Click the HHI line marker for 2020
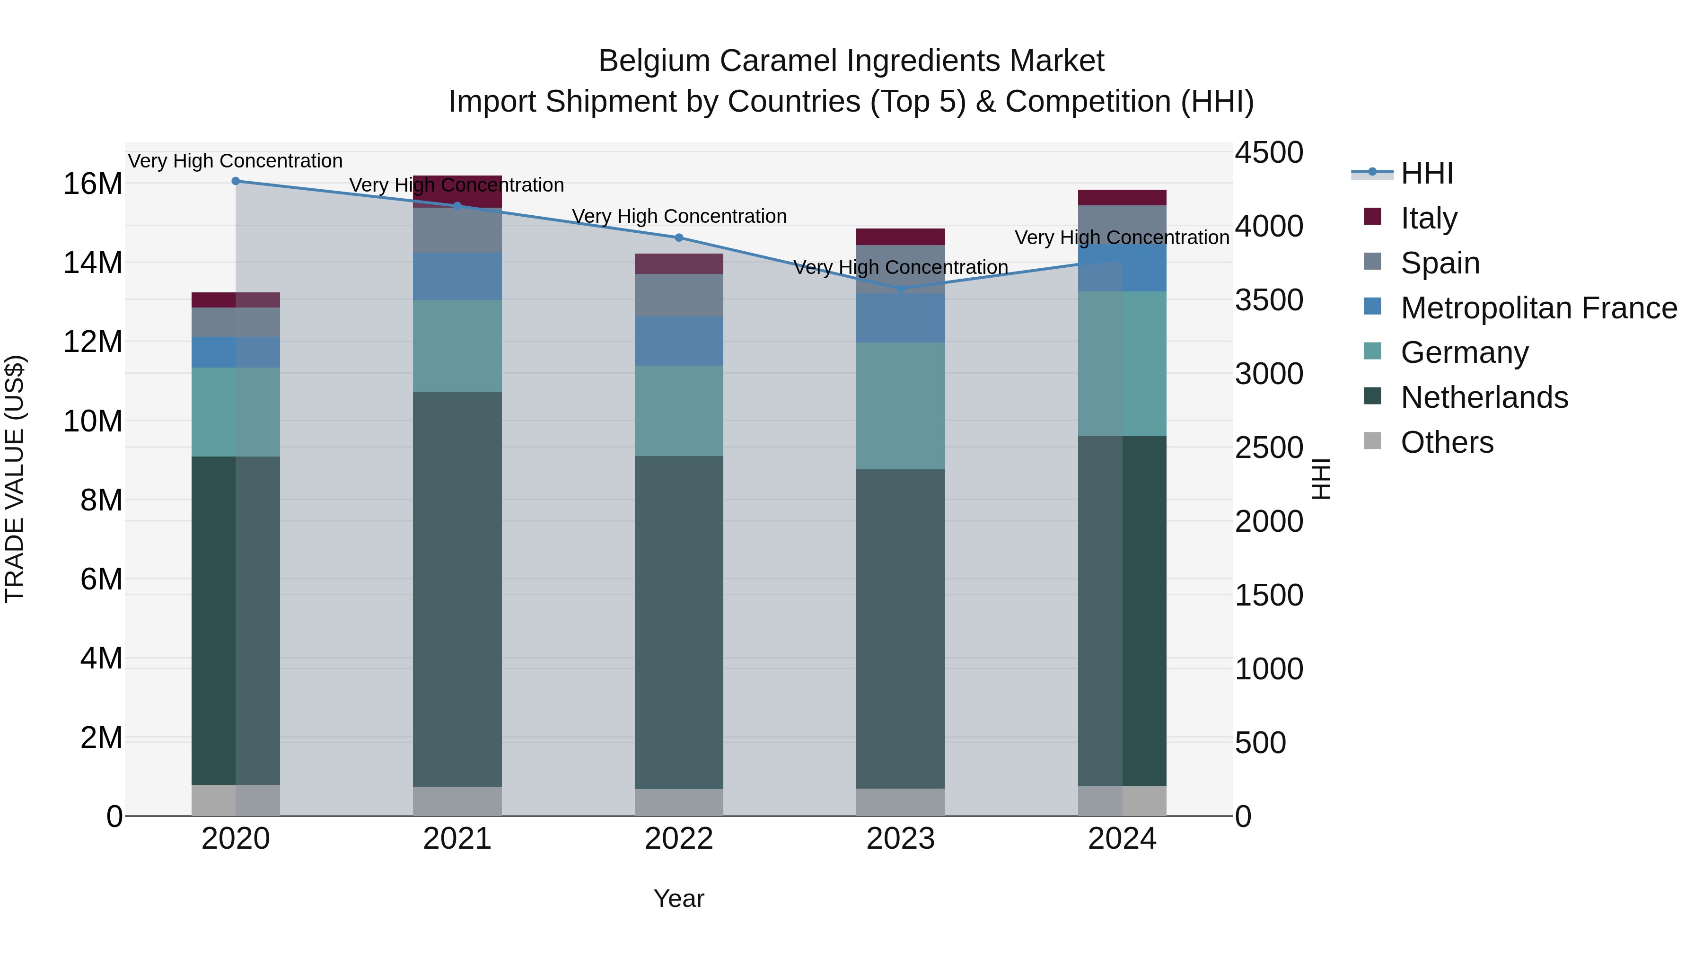click(236, 181)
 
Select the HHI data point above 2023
click(900, 288)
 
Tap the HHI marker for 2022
click(679, 237)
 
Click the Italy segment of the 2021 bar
click(457, 191)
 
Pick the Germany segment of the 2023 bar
click(900, 405)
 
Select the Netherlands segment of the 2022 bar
click(679, 622)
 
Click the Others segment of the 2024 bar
click(1122, 800)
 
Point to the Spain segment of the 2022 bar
click(679, 295)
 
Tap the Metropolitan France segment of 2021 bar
click(457, 276)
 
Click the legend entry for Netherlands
click(1484, 397)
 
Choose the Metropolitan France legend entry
click(1538, 308)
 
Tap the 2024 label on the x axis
click(1122, 839)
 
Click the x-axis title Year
click(679, 898)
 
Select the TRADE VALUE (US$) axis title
click(15, 479)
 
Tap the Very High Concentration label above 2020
click(236, 161)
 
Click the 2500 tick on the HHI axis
click(1269, 448)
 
